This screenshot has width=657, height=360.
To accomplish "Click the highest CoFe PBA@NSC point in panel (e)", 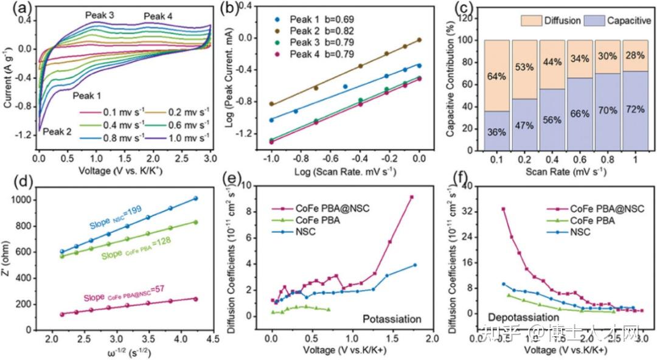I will [412, 197].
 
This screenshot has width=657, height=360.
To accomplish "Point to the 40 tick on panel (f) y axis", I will [470, 187].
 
